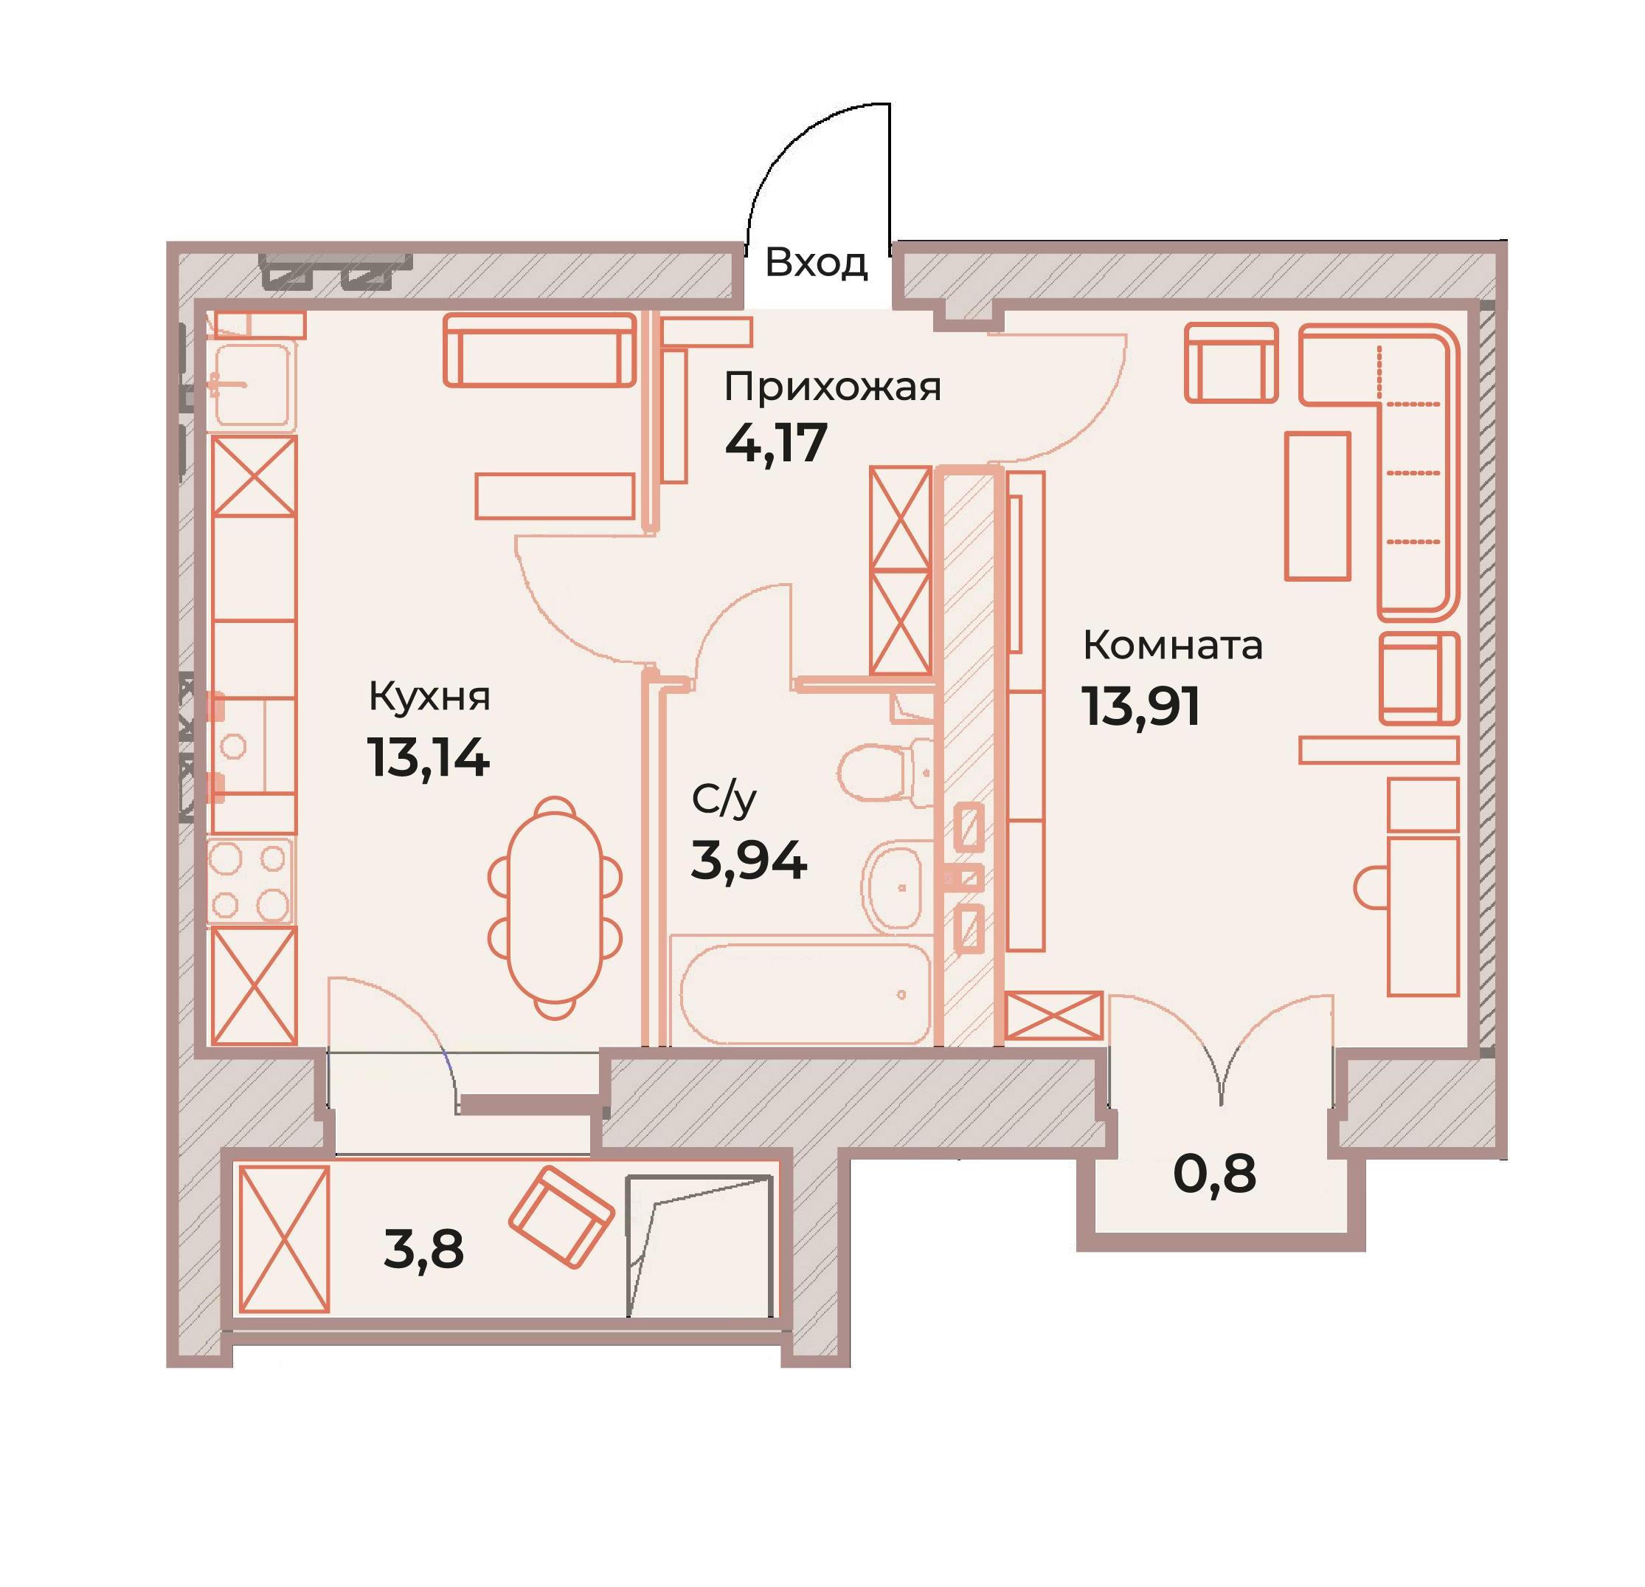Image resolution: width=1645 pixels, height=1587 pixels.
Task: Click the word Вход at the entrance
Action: pyautogui.click(x=815, y=263)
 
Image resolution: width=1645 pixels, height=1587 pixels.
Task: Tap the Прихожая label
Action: pyautogui.click(x=833, y=388)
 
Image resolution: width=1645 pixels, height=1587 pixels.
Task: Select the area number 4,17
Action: pyautogui.click(x=776, y=444)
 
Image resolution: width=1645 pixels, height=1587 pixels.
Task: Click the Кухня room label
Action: pyautogui.click(x=430, y=697)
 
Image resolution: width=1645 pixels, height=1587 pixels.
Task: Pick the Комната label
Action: pyautogui.click(x=1172, y=646)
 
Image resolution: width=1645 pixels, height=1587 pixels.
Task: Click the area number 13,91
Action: pyautogui.click(x=1141, y=706)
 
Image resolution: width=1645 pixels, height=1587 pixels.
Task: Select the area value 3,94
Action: pyautogui.click(x=749, y=861)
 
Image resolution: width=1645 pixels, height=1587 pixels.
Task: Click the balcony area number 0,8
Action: pyautogui.click(x=1214, y=1173)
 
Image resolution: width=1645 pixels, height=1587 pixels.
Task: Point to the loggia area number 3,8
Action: pyautogui.click(x=424, y=1250)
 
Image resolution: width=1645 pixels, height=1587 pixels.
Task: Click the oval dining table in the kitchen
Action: pyautogui.click(x=555, y=908)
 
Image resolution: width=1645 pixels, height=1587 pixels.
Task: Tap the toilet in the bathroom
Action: pyautogui.click(x=885, y=773)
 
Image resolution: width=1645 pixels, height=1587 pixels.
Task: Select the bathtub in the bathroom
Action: pyautogui.click(x=805, y=994)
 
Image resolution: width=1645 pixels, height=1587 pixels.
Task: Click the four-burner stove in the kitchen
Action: pyautogui.click(x=251, y=881)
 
